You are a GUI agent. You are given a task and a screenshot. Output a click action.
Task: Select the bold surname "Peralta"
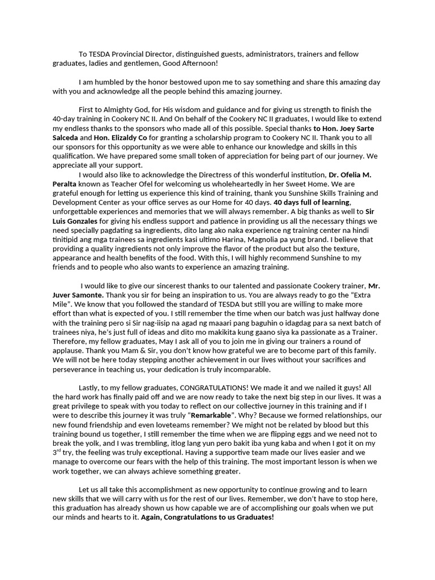67,184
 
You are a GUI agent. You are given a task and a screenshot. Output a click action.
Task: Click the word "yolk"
94,442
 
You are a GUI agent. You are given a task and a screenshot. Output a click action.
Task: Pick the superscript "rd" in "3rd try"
60,450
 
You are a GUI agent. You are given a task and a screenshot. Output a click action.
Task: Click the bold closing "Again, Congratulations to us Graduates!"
207,517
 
